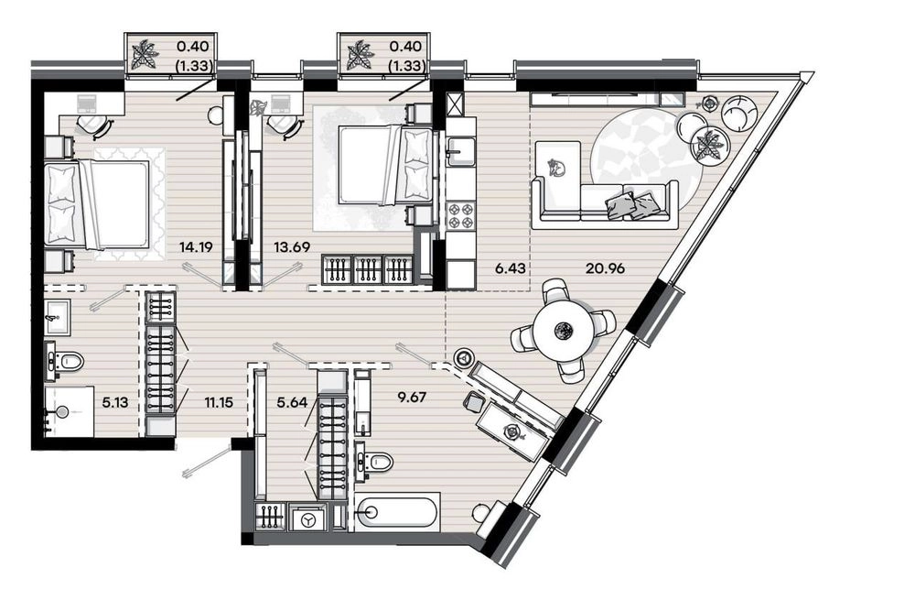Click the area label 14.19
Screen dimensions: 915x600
coord(197,246)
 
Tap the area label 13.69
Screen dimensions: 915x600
coord(291,246)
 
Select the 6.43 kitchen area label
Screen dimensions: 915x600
coord(510,268)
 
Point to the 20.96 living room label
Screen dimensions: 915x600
coord(605,268)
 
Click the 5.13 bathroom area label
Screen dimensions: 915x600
coord(115,402)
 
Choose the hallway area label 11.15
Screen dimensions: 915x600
coord(219,402)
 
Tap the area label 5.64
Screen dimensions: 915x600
coord(292,402)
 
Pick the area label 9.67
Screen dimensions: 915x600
coord(412,398)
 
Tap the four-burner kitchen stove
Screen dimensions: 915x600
coord(461,215)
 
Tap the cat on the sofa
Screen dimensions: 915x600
coord(557,167)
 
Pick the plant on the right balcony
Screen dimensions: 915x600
coord(357,55)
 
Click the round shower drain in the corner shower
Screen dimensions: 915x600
coord(62,412)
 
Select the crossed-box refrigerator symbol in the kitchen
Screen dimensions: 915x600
coord(454,104)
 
